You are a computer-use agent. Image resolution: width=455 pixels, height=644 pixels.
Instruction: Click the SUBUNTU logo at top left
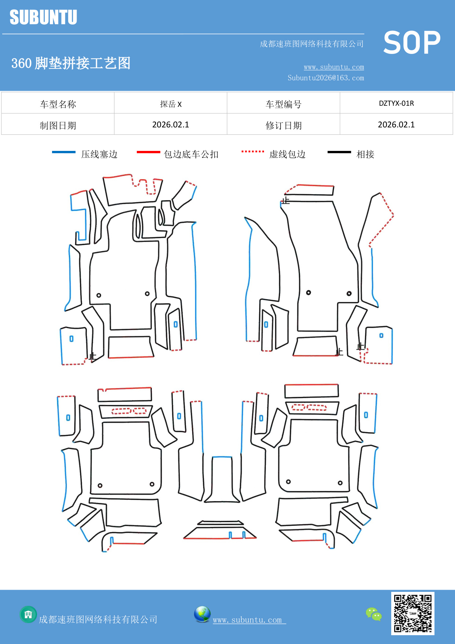click(43, 17)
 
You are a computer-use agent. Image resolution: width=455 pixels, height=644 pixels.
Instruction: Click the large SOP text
click(411, 43)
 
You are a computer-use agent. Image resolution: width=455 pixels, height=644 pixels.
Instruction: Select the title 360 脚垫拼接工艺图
click(71, 63)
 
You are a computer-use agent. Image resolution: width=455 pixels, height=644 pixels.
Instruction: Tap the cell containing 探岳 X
click(170, 104)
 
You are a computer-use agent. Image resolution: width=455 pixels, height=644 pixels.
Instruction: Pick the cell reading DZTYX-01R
click(396, 103)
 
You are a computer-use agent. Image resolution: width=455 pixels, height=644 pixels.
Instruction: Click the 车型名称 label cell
click(58, 104)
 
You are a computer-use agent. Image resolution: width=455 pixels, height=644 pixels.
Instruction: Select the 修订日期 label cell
click(283, 125)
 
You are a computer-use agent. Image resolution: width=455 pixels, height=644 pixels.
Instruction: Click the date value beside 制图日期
click(170, 125)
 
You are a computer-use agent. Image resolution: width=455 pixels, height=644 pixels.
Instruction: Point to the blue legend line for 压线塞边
click(63, 152)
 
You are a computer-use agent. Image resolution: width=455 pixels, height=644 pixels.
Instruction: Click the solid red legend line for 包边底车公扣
click(148, 152)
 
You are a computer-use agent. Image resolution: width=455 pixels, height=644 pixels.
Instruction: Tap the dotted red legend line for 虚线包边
click(253, 151)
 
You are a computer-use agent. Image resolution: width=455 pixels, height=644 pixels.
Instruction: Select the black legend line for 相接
click(339, 152)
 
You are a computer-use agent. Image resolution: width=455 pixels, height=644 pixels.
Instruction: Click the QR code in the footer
click(412, 613)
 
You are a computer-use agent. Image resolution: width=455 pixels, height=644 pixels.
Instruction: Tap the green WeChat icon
click(374, 614)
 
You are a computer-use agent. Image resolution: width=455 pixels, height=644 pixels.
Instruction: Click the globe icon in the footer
click(202, 614)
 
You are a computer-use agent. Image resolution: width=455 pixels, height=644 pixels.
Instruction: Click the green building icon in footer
click(28, 614)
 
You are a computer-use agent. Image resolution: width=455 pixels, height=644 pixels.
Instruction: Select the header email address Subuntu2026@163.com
click(326, 78)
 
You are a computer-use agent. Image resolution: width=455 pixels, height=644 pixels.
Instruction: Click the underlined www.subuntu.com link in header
click(334, 67)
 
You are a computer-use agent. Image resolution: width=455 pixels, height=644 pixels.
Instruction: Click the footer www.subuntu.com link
click(247, 620)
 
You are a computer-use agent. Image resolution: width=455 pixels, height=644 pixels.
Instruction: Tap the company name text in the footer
click(98, 619)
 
